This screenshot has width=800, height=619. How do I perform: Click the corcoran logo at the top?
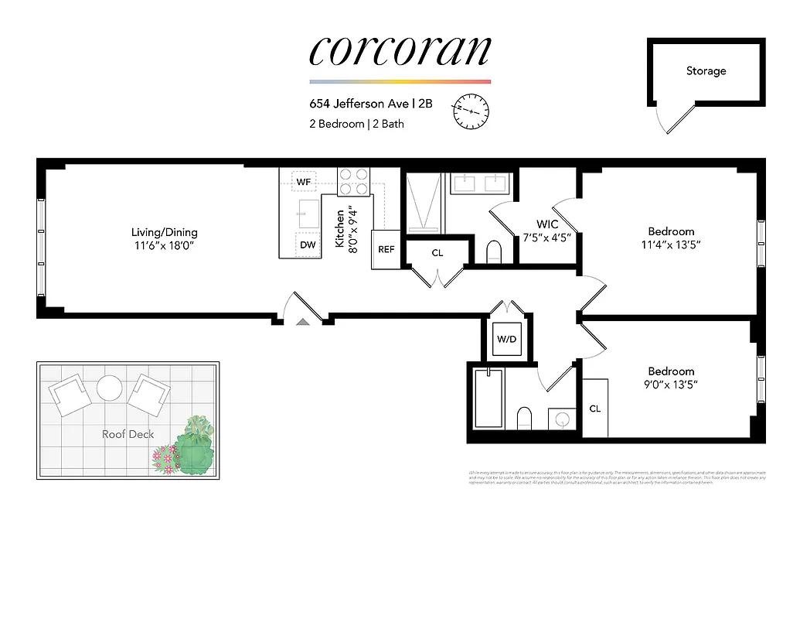pyautogui.click(x=400, y=50)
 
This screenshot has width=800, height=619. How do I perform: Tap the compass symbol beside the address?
pyautogui.click(x=471, y=111)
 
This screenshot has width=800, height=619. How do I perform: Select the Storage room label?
pyautogui.click(x=706, y=71)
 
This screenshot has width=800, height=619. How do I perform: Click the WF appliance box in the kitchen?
pyautogui.click(x=304, y=182)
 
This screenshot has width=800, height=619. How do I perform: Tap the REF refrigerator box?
pyautogui.click(x=386, y=249)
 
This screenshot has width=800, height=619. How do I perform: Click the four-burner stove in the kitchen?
pyautogui.click(x=354, y=182)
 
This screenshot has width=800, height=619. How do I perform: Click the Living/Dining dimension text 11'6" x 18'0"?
pyautogui.click(x=164, y=245)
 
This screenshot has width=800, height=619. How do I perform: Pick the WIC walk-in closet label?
pyautogui.click(x=547, y=224)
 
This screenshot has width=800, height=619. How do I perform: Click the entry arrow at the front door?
pyautogui.click(x=304, y=321)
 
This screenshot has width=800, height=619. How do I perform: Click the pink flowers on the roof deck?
pyautogui.click(x=164, y=460)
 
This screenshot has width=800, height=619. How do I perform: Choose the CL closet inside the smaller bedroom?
pyautogui.click(x=595, y=409)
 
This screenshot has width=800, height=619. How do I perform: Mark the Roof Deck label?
pyautogui.click(x=128, y=434)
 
